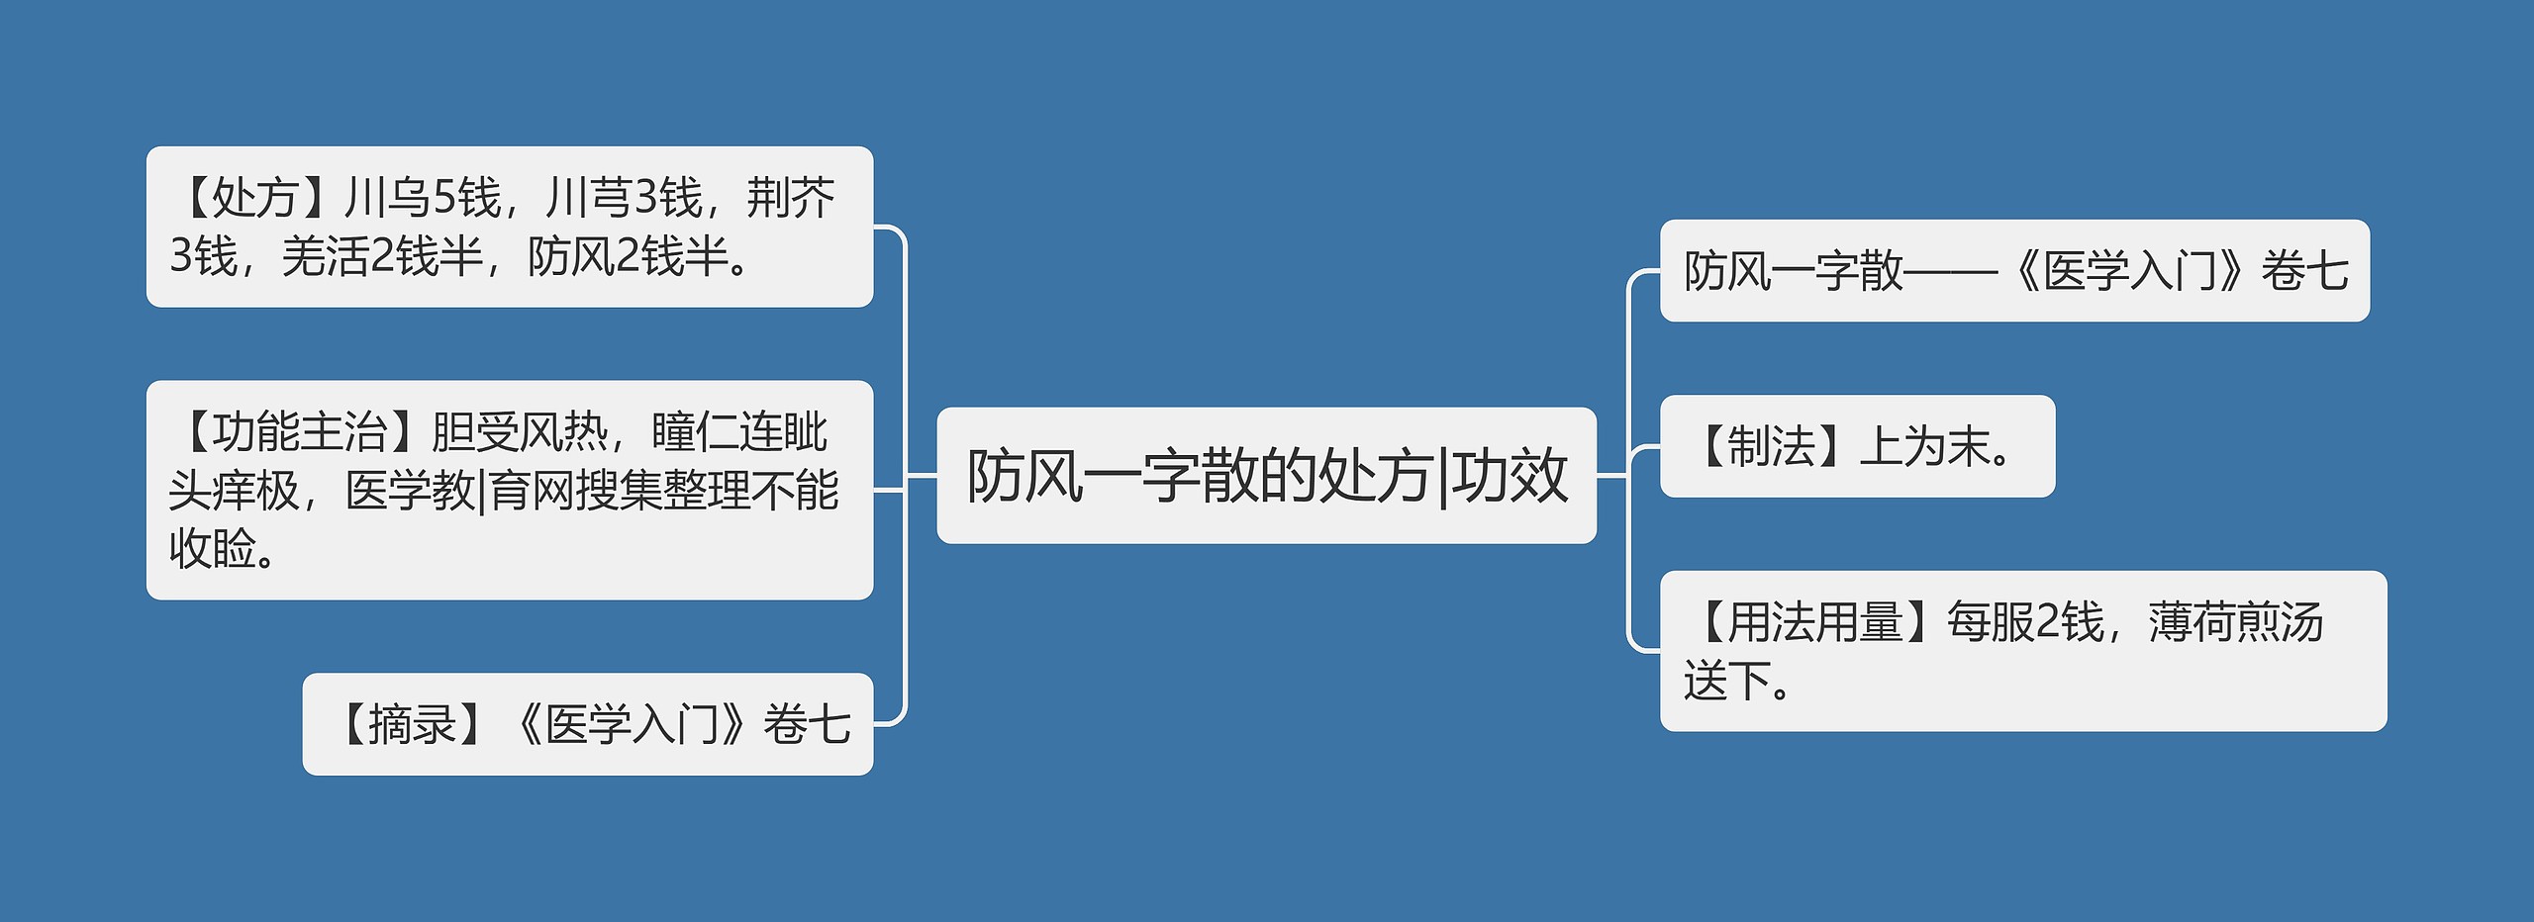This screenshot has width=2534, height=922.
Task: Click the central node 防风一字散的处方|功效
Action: point(1266,476)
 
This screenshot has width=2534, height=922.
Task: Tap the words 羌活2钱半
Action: point(381,257)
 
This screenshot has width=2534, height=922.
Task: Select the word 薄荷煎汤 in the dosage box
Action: point(2235,623)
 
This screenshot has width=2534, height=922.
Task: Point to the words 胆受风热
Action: point(519,432)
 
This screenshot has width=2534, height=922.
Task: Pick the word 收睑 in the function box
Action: point(213,549)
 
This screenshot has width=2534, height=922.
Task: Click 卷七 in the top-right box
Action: point(2304,271)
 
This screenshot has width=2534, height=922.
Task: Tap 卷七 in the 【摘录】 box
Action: point(807,725)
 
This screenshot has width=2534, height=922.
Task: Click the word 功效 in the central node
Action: point(1510,476)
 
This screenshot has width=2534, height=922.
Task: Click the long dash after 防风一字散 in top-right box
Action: point(1950,271)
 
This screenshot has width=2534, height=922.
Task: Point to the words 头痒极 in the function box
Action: point(234,491)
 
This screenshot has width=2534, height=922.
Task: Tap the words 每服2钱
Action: point(2024,623)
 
